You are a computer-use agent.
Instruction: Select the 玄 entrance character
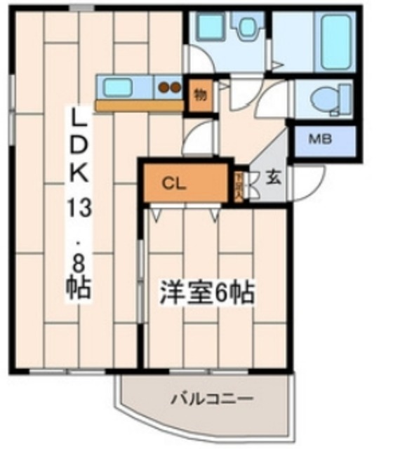(x=272, y=177)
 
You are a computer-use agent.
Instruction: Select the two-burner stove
(x=168, y=88)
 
